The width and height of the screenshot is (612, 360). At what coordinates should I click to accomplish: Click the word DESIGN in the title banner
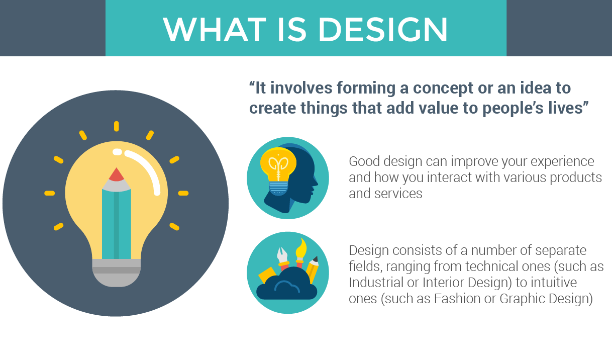383,29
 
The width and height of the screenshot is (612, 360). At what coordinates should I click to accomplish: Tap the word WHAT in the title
215,29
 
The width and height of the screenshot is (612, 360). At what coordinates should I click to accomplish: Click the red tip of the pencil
117,174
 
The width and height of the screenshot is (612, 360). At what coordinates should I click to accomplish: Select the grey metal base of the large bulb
117,273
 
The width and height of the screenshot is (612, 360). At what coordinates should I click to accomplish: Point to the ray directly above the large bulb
117,126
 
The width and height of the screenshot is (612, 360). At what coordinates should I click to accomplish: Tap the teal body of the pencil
117,224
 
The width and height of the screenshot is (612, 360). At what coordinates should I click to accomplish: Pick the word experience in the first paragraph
562,162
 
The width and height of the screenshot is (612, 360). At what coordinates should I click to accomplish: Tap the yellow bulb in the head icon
278,170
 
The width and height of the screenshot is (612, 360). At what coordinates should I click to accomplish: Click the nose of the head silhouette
316,182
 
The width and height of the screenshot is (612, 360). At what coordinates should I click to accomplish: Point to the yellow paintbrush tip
301,248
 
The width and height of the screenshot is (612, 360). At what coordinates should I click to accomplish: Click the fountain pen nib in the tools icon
282,255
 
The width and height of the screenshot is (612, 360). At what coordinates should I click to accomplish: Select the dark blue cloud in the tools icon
286,286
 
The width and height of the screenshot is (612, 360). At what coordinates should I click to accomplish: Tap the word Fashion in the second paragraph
457,299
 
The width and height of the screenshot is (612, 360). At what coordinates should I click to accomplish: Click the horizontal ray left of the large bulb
49,193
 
